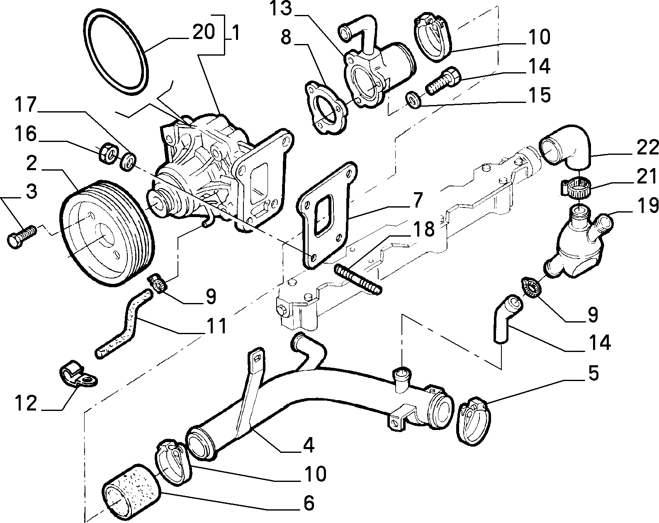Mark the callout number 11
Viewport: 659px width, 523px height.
tap(216, 325)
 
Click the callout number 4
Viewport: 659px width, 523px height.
tap(309, 445)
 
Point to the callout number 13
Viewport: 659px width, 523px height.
tap(280, 9)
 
